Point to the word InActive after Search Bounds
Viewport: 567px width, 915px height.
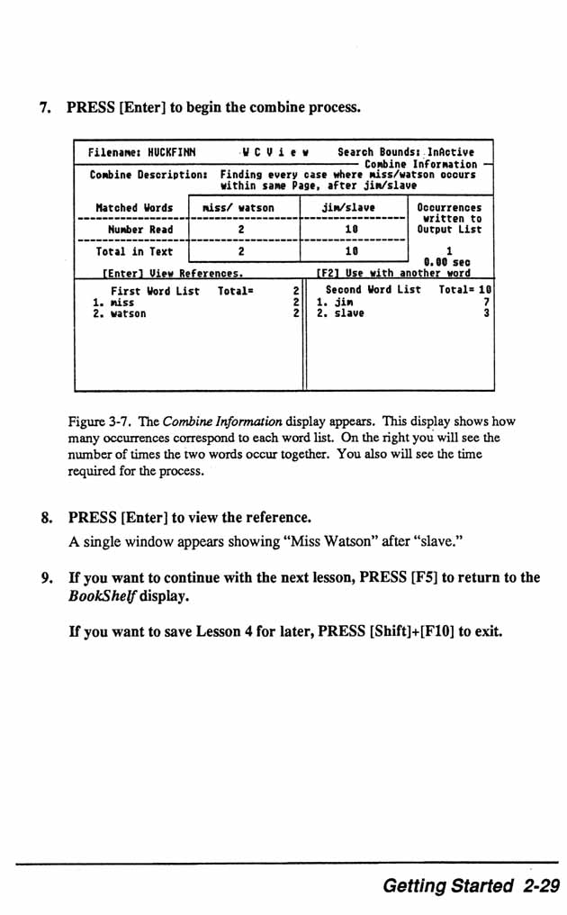450,153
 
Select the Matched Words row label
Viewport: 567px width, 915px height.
134,208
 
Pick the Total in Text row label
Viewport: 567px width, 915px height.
134,252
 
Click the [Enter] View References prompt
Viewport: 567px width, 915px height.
170,273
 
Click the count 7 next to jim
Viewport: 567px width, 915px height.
487,303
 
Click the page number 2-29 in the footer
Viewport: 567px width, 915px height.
539,886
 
